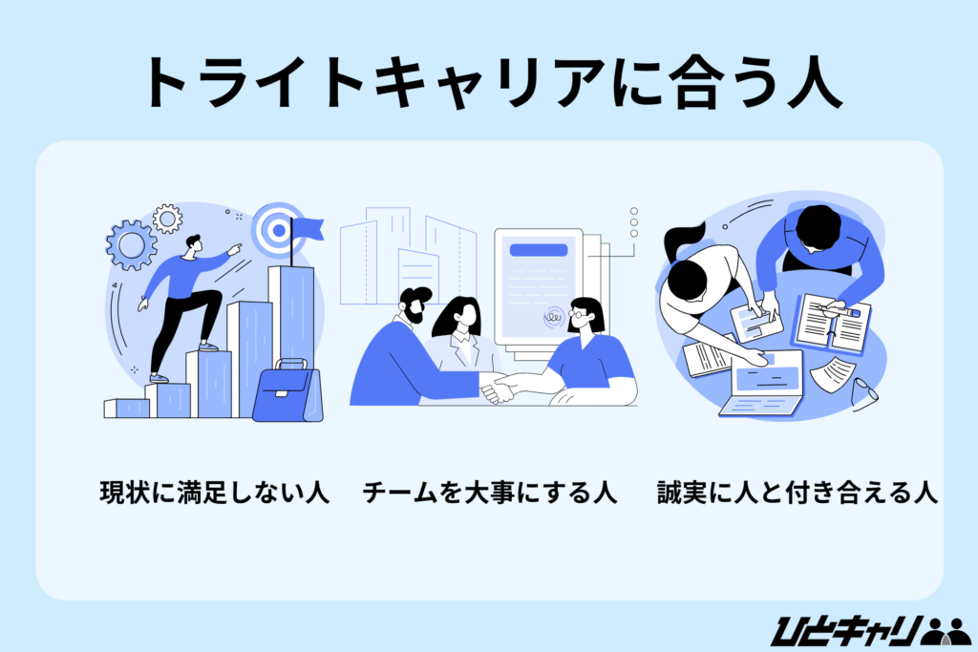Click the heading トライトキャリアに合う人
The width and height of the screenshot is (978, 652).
coord(488,84)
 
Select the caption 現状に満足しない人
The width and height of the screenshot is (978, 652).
coord(215,494)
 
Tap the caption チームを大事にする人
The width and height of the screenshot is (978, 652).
coord(489,494)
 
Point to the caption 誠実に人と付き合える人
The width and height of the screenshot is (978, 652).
coord(797,494)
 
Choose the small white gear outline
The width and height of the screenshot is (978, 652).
coord(167,219)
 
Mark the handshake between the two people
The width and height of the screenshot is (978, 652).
coord(497,387)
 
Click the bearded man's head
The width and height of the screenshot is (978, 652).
coord(415,307)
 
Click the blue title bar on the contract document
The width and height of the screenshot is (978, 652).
coord(538,251)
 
